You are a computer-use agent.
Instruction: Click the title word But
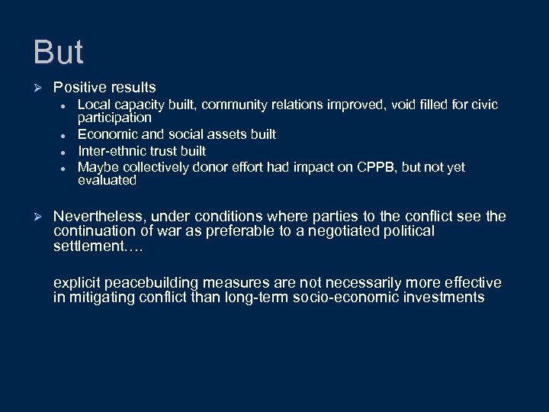point(58,52)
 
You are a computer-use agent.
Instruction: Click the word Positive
point(79,88)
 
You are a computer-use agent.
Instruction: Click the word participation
point(114,118)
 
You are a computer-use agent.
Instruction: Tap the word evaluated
point(107,181)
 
